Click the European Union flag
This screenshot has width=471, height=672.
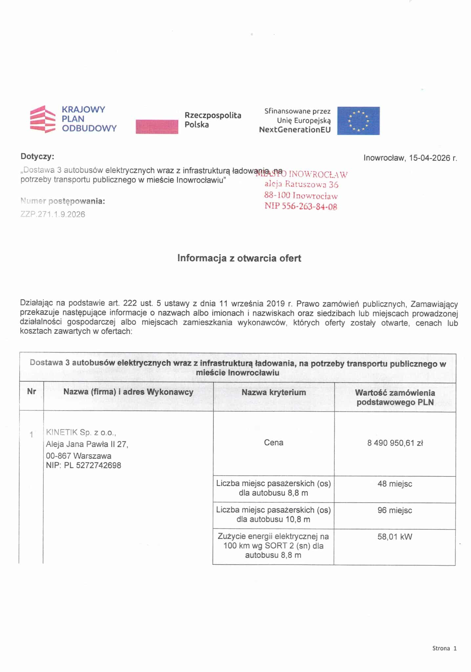tap(358, 121)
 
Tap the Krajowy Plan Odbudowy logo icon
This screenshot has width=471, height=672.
tap(43, 119)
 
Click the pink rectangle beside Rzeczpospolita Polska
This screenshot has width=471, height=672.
tap(157, 127)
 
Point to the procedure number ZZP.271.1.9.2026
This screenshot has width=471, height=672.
tap(53, 214)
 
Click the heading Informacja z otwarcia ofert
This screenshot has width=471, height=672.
tap(239, 258)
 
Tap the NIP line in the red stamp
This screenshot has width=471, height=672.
tap(301, 206)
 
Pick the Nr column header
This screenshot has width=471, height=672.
tap(32, 391)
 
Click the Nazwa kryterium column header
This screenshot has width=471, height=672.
tap(274, 392)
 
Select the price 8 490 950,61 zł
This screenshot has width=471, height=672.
tap(395, 443)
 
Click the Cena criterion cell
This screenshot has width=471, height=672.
tap(273, 443)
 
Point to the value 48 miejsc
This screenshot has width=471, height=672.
tap(395, 484)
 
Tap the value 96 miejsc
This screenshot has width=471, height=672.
tap(395, 510)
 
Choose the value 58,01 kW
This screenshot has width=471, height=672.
tap(395, 537)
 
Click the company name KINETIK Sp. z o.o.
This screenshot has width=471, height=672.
tap(81, 432)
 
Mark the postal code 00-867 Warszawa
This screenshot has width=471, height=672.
tap(78, 456)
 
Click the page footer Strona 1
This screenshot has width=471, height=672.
tap(444, 648)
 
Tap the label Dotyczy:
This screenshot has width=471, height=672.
tap(37, 156)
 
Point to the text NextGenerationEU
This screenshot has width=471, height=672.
tap(295, 130)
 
